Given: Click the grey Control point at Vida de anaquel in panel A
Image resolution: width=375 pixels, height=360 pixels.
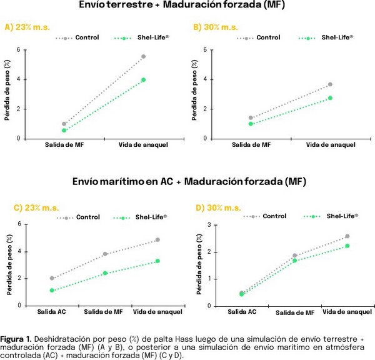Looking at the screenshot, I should tap(143, 57).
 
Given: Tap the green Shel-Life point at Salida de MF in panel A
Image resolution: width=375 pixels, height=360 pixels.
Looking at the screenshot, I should tap(64, 130).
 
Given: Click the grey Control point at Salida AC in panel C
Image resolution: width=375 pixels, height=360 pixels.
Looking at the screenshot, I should tap(51, 279).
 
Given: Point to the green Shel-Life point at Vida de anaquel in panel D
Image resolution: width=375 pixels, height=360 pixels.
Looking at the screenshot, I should tap(347, 246).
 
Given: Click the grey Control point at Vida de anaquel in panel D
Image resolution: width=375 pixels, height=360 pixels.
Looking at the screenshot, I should tap(347, 236).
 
